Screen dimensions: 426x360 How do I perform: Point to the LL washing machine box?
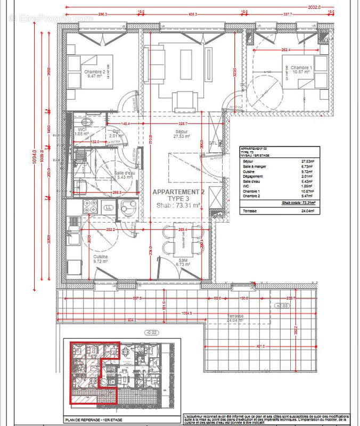point(109,207)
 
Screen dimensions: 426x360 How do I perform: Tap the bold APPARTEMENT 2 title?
point(178,192)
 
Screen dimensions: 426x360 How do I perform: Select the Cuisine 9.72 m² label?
point(100,259)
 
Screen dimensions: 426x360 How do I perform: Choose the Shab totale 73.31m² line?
point(298,203)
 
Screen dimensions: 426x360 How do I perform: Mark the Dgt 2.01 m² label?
point(116,133)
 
